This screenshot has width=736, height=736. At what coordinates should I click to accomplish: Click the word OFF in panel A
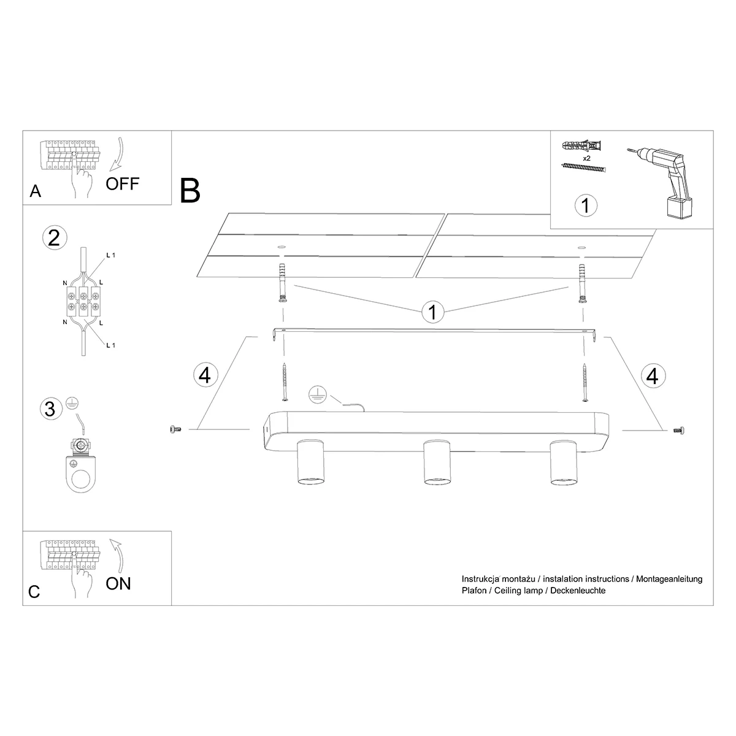122,184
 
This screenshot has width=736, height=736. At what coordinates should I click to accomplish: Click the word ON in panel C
118,584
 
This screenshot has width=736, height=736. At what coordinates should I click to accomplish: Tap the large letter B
190,191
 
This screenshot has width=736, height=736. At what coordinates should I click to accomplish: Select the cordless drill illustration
660,182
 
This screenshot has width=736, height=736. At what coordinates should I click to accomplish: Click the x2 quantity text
587,158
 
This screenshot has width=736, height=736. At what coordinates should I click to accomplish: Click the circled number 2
55,237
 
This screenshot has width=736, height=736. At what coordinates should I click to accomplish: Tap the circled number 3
50,408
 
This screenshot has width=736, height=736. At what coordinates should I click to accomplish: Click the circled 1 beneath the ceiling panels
433,312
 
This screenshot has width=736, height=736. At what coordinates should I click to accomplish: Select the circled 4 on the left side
205,375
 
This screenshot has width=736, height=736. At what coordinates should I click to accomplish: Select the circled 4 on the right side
653,375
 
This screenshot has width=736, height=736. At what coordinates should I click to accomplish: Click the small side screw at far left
175,429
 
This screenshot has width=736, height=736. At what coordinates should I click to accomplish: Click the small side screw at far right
679,431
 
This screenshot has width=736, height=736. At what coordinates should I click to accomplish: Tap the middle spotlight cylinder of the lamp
437,462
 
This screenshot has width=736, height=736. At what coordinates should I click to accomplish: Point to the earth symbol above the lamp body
318,394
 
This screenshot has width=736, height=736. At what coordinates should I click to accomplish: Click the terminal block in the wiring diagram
84,301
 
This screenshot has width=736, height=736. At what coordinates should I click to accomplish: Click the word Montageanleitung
669,579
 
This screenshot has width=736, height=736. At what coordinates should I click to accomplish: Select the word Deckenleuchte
578,591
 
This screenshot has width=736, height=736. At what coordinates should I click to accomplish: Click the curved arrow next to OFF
119,154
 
